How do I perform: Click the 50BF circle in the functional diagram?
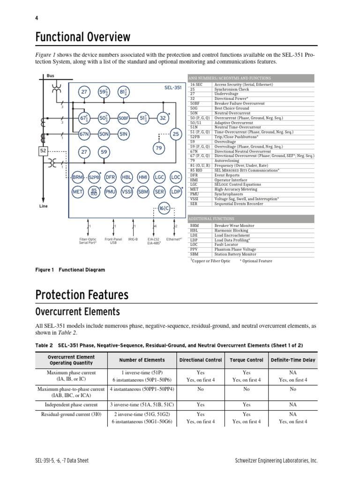[x=123, y=119]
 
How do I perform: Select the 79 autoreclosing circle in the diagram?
[x=158, y=149]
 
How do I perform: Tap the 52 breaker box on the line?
[x=43, y=151]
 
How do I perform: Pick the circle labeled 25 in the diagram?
[x=176, y=134]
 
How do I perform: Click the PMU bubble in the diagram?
[x=111, y=191]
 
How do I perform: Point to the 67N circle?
[x=84, y=134]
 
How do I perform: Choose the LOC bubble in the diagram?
[x=176, y=177]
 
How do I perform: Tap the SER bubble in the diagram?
[x=159, y=191]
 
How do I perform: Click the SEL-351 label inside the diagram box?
[x=173, y=88]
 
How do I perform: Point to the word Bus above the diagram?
[x=50, y=75]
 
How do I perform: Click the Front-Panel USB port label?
[x=113, y=241]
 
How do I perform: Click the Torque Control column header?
[x=247, y=360]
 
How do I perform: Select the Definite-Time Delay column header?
[x=293, y=360]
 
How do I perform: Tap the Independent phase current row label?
[x=71, y=404]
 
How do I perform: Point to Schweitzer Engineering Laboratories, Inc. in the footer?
[x=276, y=461]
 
